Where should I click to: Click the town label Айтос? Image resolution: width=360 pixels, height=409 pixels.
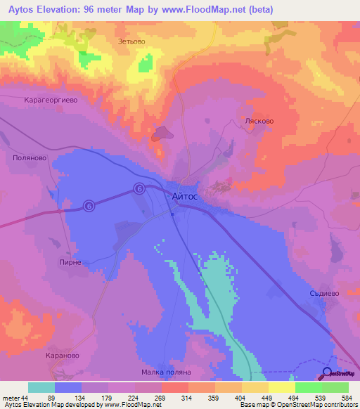pos(185,199)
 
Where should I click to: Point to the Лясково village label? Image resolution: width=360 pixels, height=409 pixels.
pos(258,121)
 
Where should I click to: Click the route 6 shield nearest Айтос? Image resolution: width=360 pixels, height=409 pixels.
pos(139,188)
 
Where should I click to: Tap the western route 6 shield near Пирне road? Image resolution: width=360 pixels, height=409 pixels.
pos(89,205)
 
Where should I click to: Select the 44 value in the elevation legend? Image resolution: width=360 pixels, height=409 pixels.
pos(26,397)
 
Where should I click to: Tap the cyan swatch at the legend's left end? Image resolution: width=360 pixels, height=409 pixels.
pos(41,387)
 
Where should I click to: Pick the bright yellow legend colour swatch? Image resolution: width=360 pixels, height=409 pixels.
pos(282,387)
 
